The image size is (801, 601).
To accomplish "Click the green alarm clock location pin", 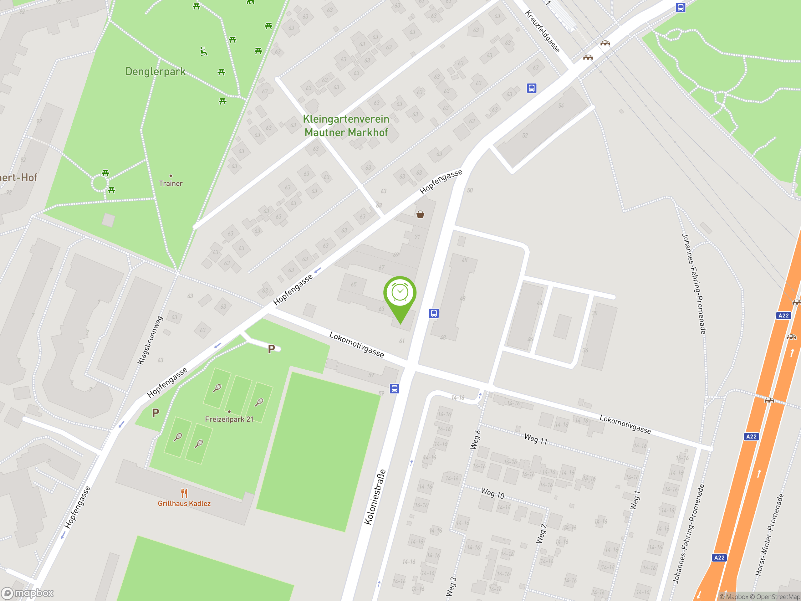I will point(400,294).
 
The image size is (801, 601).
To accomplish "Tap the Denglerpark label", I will point(155,71).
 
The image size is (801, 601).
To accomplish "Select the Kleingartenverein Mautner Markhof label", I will point(346,126).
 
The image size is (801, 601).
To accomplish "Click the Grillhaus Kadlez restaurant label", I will point(184,503).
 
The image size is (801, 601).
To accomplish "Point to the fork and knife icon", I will point(184,493).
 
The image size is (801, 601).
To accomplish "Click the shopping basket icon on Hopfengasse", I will point(420,214).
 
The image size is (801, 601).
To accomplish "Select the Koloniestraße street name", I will point(375,497).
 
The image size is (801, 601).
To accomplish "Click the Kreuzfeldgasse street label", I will point(543,31).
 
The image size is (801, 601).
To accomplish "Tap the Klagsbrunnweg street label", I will point(150,340).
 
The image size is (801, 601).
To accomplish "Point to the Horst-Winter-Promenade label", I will point(769,534).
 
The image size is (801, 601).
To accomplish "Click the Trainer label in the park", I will point(171,183).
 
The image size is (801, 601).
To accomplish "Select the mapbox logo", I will point(28,593).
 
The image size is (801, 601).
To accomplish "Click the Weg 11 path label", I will point(536,439).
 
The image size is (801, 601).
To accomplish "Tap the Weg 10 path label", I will point(492,493).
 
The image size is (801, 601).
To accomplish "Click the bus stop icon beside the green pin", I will point(434,313).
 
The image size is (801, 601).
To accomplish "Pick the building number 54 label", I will point(561,106).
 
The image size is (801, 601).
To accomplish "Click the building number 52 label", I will point(525,136).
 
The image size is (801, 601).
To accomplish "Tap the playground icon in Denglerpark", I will point(204,51).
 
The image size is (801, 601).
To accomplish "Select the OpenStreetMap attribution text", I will point(778,597).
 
